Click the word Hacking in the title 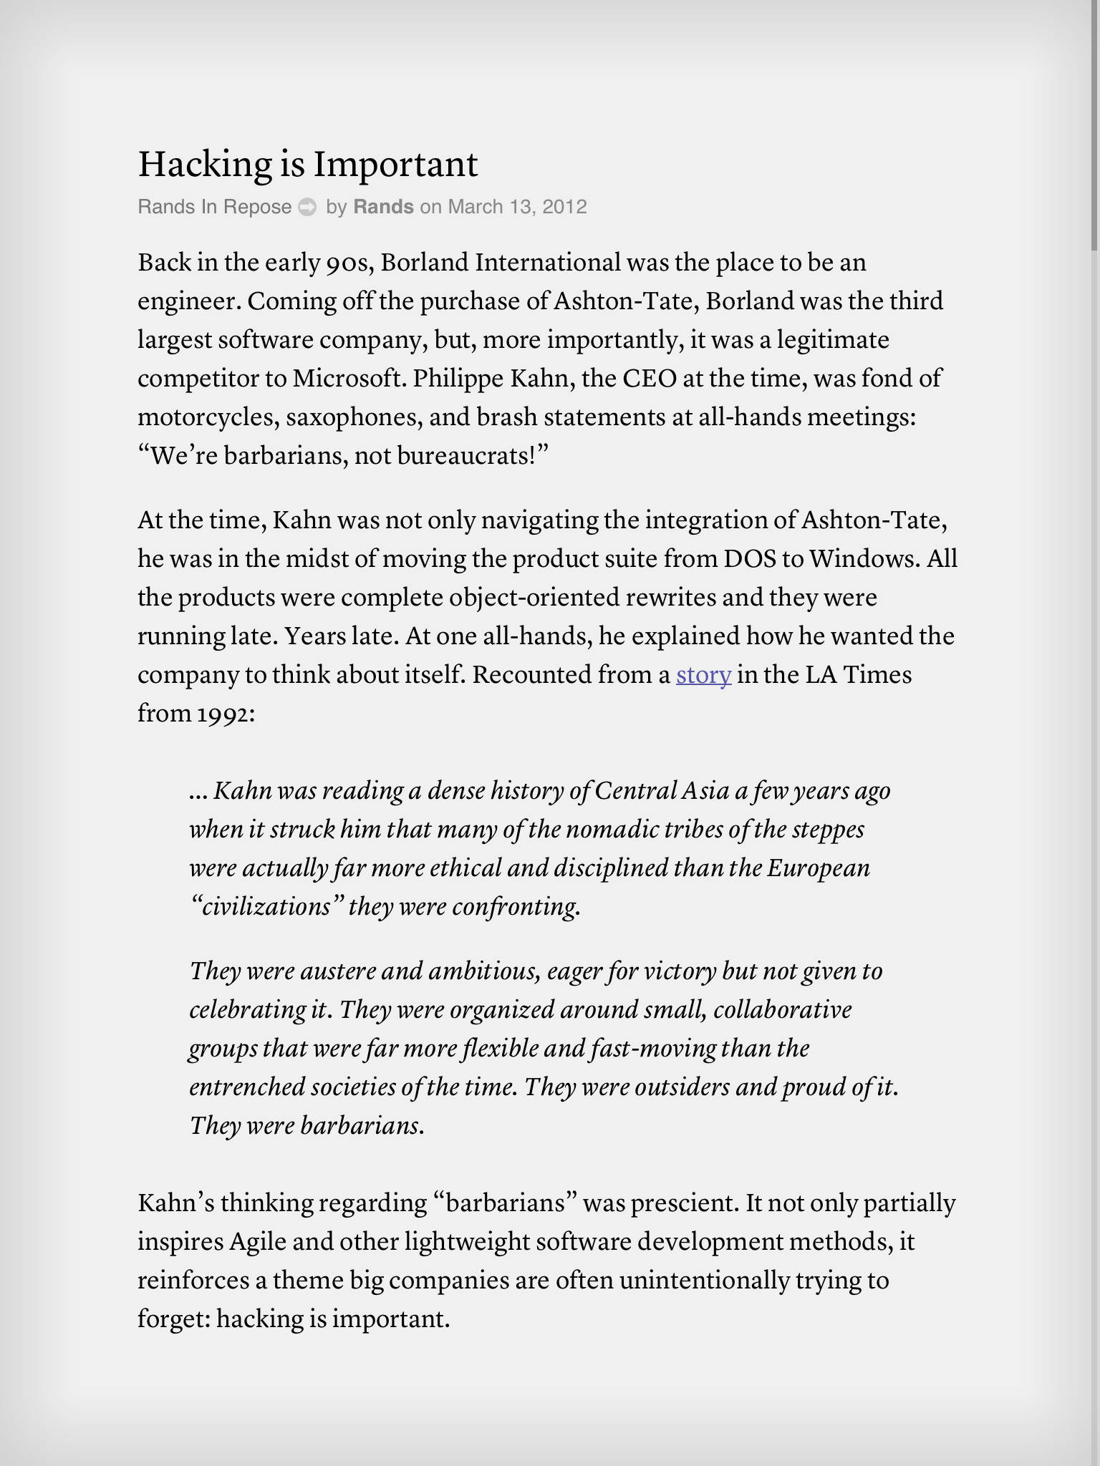[x=205, y=165]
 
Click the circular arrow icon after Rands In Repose [x=307, y=207]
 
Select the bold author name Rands [x=383, y=207]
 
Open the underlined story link [x=703, y=675]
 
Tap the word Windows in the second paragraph [x=862, y=559]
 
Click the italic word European [x=819, y=868]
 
